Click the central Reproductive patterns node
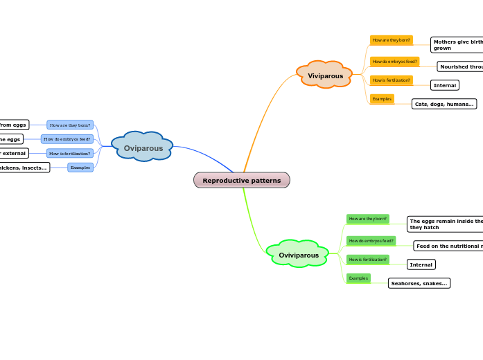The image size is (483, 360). [x=242, y=180]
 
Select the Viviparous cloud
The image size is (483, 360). [x=325, y=75]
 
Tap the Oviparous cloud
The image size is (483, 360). [x=143, y=147]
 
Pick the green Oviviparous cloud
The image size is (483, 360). [x=299, y=254]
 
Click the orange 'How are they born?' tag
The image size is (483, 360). [x=391, y=40]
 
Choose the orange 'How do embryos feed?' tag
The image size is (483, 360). [x=394, y=62]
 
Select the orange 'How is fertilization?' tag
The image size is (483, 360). [x=391, y=80]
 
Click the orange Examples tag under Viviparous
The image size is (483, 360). [x=382, y=99]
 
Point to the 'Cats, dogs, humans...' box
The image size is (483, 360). [x=444, y=104]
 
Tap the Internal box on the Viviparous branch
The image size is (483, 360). [x=445, y=85]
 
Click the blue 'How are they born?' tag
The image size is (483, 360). [x=70, y=125]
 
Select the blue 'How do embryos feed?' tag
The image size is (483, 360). [x=67, y=139]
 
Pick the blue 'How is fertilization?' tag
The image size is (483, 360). [x=70, y=153]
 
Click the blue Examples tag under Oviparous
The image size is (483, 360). [x=80, y=168]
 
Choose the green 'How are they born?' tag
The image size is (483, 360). [x=367, y=219]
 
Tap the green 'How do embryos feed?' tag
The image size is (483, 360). [x=371, y=241]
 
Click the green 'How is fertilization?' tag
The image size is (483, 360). [x=367, y=260]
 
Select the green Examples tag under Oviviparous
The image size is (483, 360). [x=358, y=278]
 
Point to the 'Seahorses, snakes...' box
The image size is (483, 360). [x=419, y=283]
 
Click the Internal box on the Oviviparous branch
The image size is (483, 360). [x=421, y=264]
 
